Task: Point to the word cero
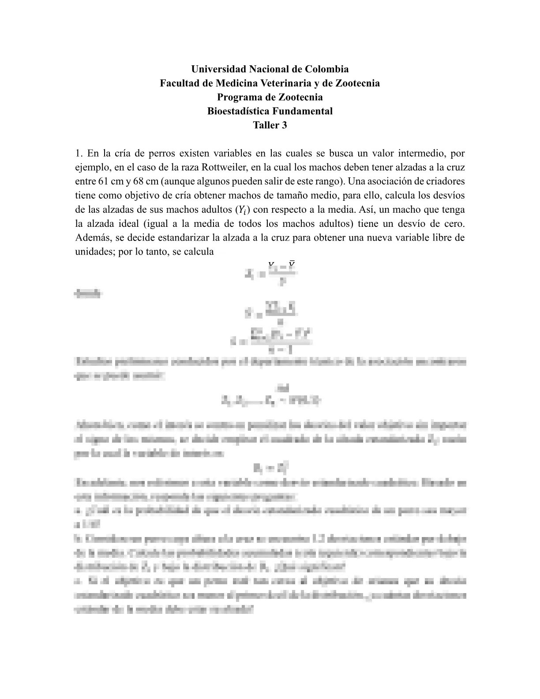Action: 455,224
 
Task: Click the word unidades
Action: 93,252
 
